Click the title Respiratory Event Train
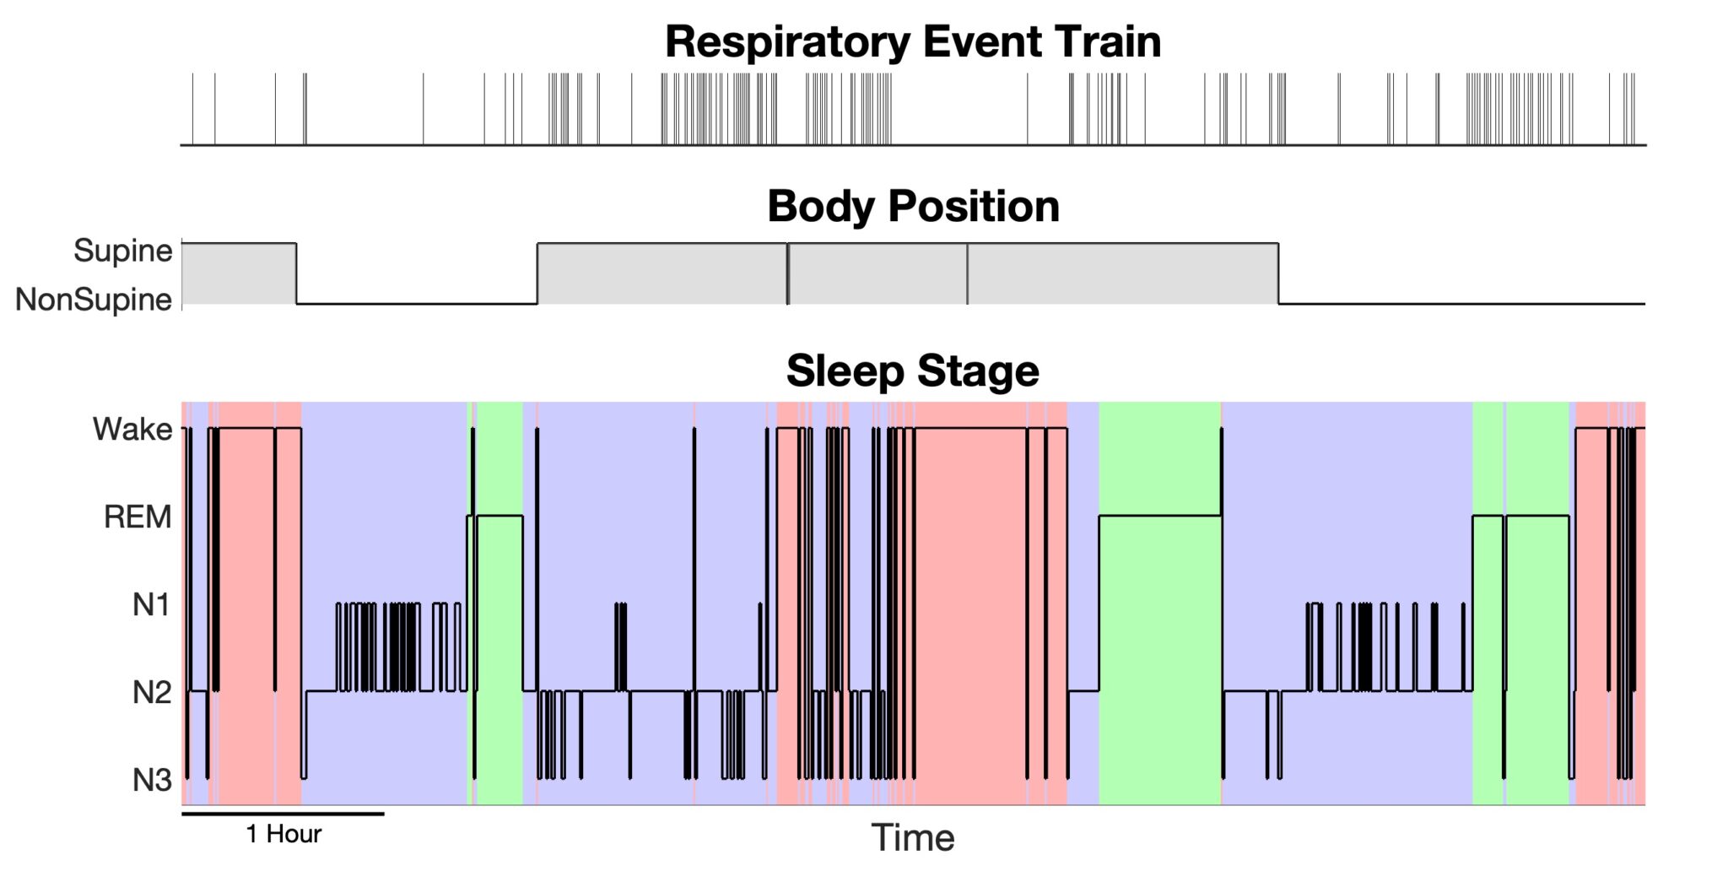(913, 42)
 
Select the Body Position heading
(913, 207)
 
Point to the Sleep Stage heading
(913, 371)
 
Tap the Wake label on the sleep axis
(132, 430)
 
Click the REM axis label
(138, 517)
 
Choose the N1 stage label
(152, 605)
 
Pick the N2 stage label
(152, 693)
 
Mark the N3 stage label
(152, 781)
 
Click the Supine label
(123, 251)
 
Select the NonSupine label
(94, 300)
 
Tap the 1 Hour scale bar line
(283, 814)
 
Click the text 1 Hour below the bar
(283, 835)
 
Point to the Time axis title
(913, 838)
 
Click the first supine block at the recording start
(239, 273)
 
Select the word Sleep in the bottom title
(845, 371)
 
